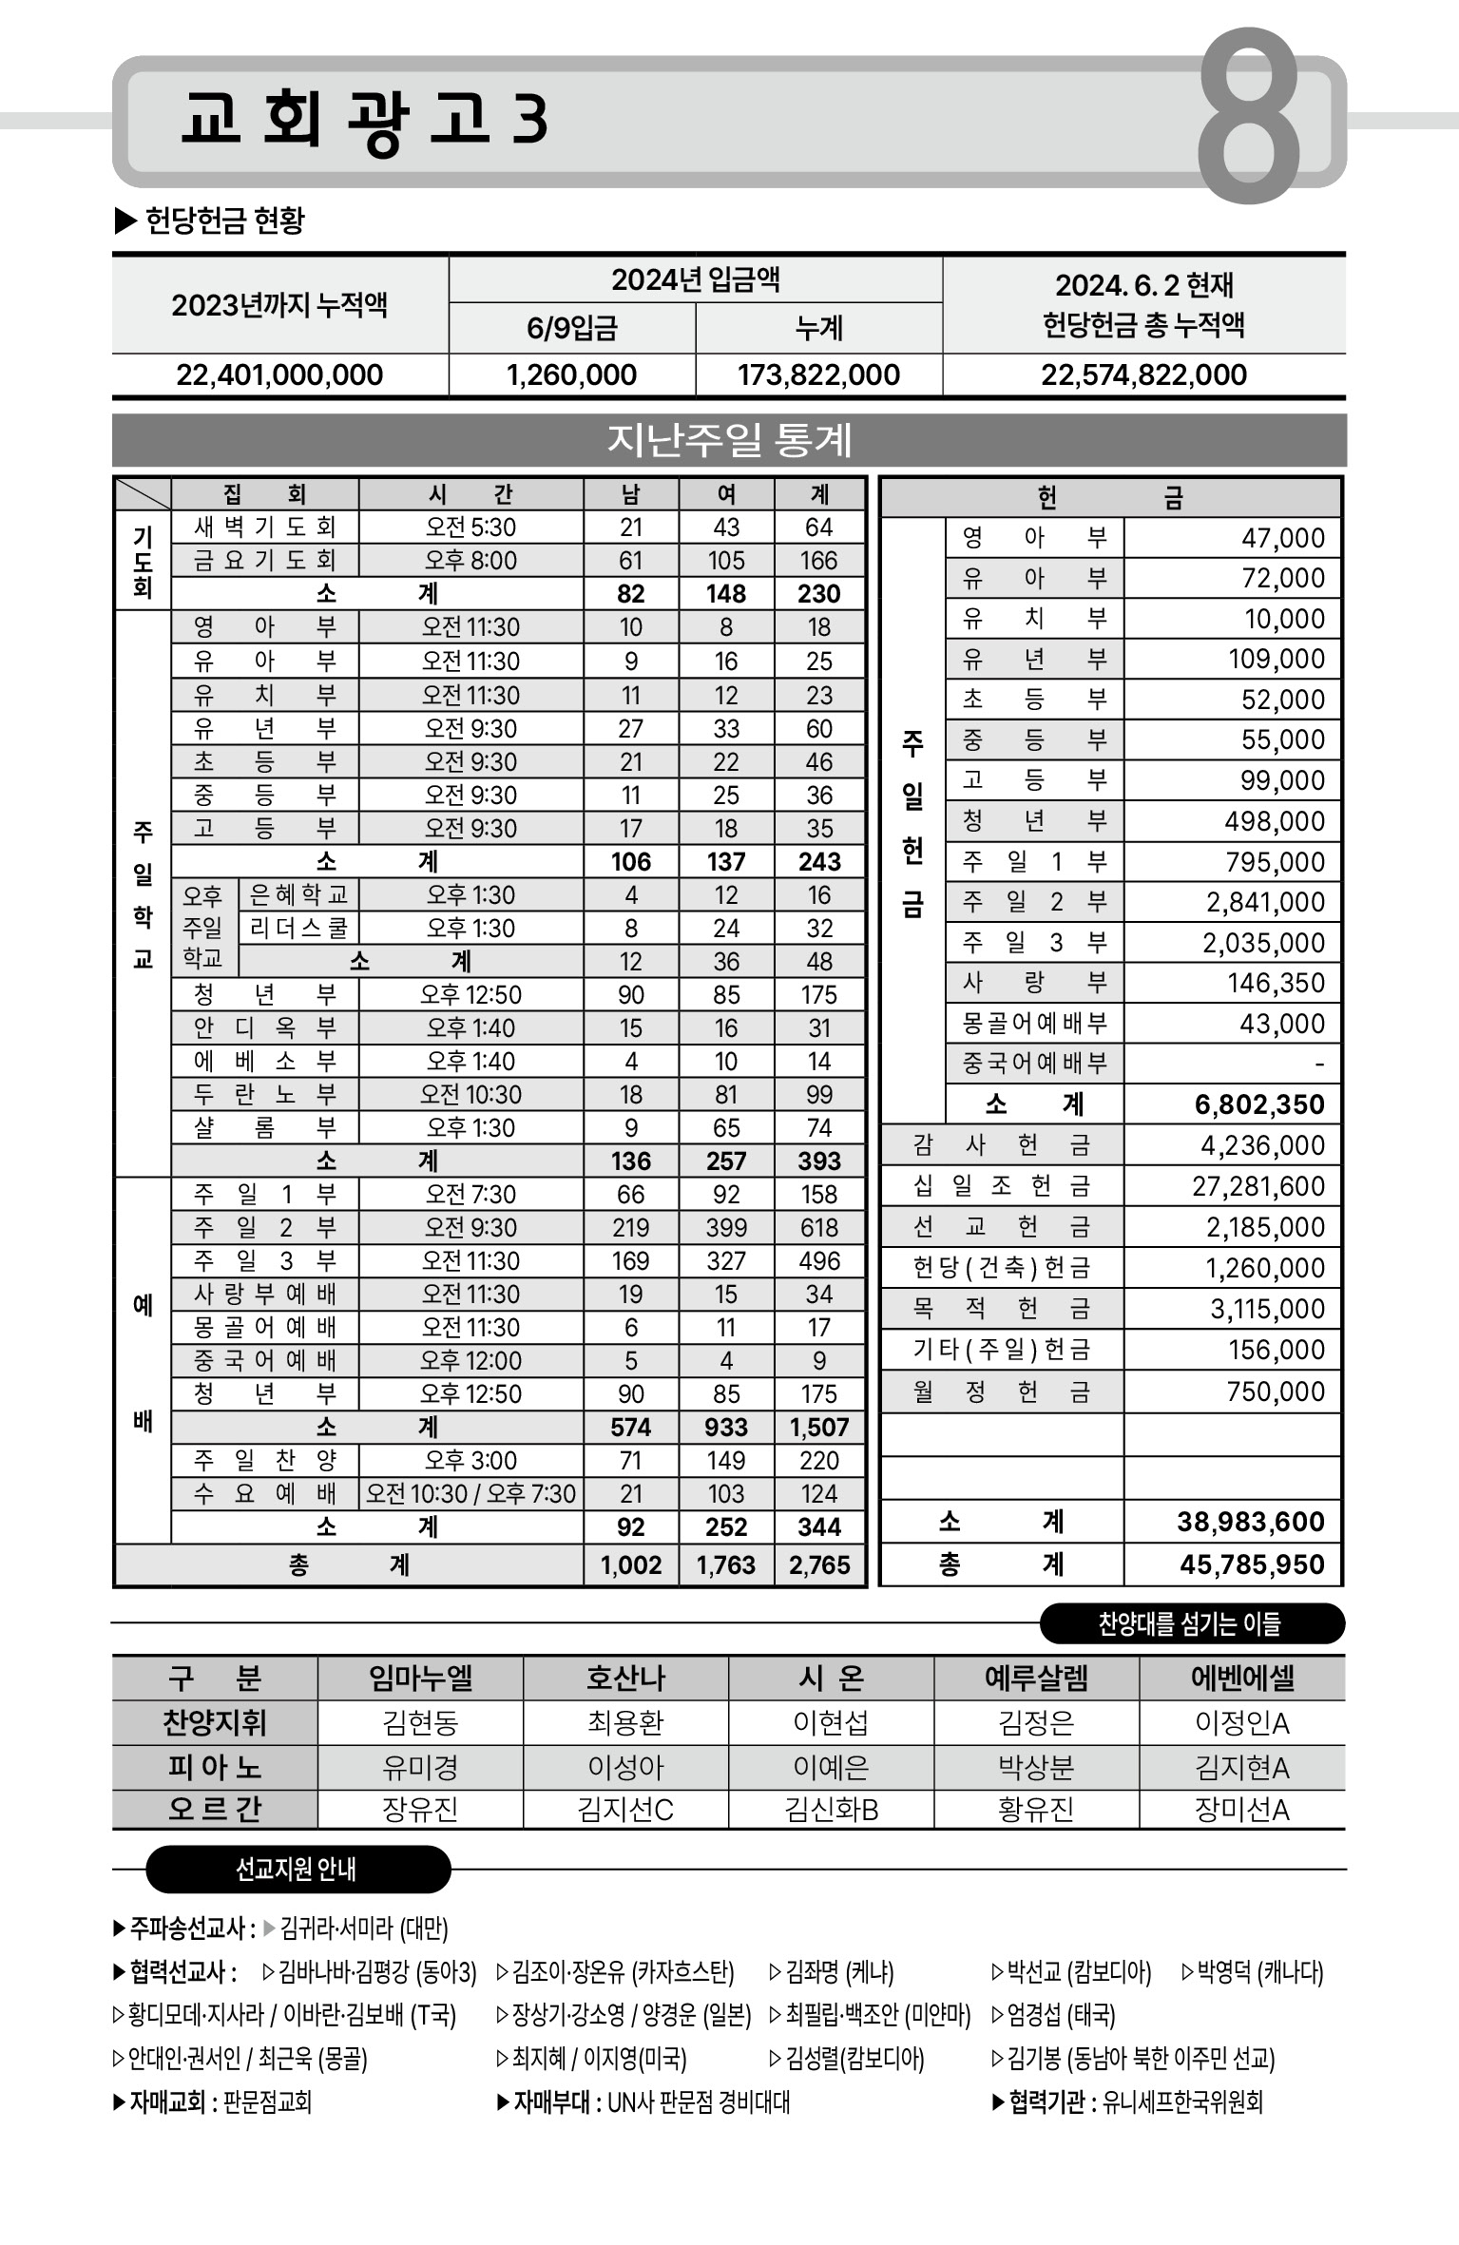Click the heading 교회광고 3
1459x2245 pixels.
364,120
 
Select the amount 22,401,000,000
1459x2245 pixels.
279,374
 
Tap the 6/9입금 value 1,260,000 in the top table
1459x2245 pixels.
571,374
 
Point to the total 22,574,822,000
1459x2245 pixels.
1143,374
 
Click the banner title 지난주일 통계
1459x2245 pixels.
729,440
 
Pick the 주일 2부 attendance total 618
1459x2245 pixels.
818,1227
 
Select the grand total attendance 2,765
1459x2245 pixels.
818,1564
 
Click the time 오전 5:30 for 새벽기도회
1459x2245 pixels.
470,528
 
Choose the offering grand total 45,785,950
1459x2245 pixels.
1251,1564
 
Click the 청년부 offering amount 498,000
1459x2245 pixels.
1274,821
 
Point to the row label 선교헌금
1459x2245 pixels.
1001,1227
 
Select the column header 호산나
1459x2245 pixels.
625,1679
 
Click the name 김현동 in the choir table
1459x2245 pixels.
420,1722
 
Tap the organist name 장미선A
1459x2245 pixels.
1241,1810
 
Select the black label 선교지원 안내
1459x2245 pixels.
296,1870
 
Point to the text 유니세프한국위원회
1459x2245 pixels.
1182,2101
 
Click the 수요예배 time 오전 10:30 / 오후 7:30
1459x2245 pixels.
470,1493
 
